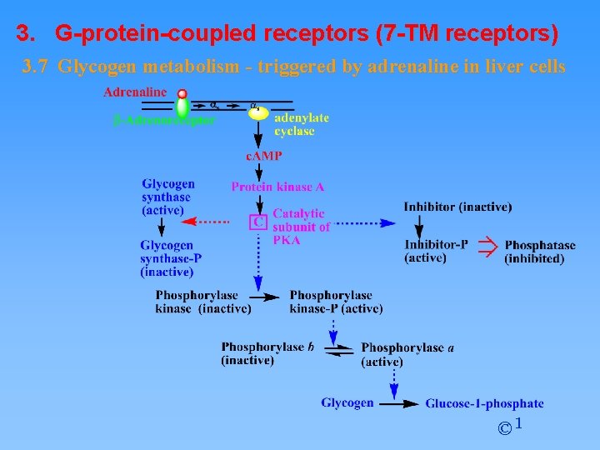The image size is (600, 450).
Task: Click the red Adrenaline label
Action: click(x=135, y=92)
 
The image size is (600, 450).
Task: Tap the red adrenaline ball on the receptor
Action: click(x=182, y=94)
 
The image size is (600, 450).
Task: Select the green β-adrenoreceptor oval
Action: click(x=182, y=107)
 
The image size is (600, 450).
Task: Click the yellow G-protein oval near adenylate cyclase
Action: click(x=259, y=113)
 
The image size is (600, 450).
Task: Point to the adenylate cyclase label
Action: click(x=301, y=124)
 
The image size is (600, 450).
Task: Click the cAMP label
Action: click(x=263, y=156)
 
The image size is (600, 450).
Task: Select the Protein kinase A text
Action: click(x=277, y=187)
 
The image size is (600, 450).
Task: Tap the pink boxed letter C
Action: click(x=259, y=222)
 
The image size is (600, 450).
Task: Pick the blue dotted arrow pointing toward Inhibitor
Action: click(x=366, y=222)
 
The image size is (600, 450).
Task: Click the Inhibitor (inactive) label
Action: click(x=457, y=207)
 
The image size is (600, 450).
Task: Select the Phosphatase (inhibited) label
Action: click(x=539, y=252)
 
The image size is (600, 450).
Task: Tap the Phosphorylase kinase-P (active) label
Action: click(x=336, y=302)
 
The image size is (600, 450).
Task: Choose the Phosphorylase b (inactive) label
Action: click(x=267, y=353)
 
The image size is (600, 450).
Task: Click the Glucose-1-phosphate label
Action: click(x=484, y=403)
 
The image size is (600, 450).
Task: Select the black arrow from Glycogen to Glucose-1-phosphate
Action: click(x=400, y=403)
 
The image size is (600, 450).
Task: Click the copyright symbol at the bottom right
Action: click(x=505, y=428)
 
